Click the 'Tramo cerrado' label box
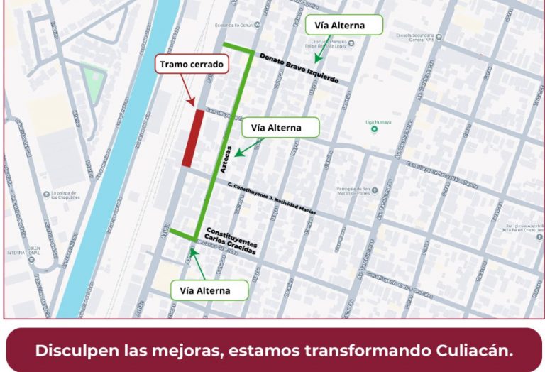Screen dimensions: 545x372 [192, 65]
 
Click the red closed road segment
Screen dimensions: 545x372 [193, 138]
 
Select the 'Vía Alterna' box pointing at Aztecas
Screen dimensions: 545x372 [280, 128]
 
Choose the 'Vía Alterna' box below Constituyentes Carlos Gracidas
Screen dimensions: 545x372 [210, 290]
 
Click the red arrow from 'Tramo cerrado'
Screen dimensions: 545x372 [188, 91]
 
